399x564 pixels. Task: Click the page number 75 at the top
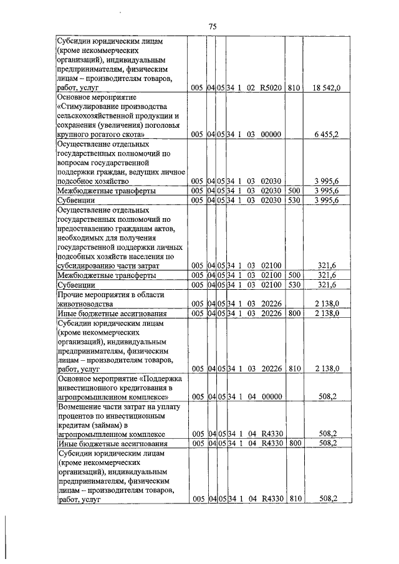click(x=212, y=26)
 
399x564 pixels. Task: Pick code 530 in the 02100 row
click(x=294, y=285)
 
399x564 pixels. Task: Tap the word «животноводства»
click(x=85, y=304)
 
